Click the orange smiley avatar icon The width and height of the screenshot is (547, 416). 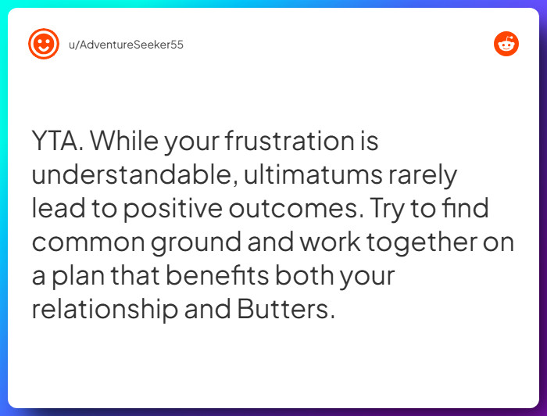pyautogui.click(x=44, y=44)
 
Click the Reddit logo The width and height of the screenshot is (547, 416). pyautogui.click(x=506, y=44)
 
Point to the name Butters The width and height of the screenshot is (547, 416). pyautogui.click(x=287, y=309)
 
